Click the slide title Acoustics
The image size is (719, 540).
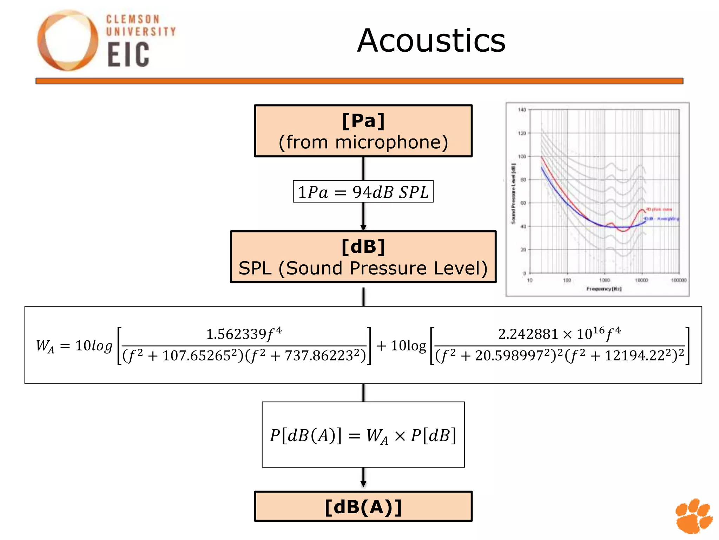pos(431,41)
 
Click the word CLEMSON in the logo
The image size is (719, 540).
pos(133,19)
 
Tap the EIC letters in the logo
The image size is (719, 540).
pos(128,54)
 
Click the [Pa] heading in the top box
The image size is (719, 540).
pos(363,121)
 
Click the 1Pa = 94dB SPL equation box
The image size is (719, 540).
pos(363,192)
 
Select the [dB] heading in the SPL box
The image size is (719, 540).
pos(363,247)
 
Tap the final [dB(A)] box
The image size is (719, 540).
pos(363,507)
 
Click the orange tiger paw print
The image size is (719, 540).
pos(694,515)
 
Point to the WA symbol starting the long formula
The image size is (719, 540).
pos(45,346)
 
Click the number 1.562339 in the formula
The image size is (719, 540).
pos(236,334)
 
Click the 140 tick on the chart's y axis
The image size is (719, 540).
pos(522,110)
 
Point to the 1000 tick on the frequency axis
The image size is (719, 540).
pos(605,280)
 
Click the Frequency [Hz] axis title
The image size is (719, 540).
pos(604,289)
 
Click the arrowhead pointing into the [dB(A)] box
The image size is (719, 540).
pos(363,484)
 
